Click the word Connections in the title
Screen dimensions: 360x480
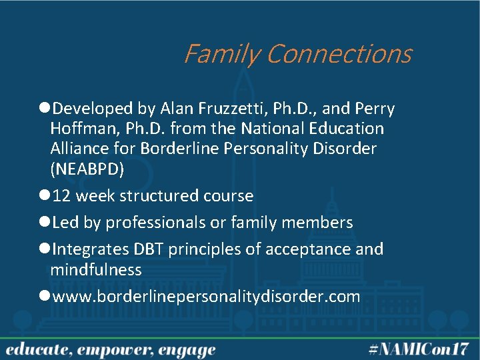pos(339,54)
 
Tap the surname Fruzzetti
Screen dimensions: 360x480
pos(217,109)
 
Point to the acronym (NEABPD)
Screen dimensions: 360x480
pos(87,169)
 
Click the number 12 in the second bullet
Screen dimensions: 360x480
pos(61,196)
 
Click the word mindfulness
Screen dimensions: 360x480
pos(96,270)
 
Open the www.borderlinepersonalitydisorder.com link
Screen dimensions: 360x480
pos(206,297)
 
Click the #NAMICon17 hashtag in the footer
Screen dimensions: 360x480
pos(419,349)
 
